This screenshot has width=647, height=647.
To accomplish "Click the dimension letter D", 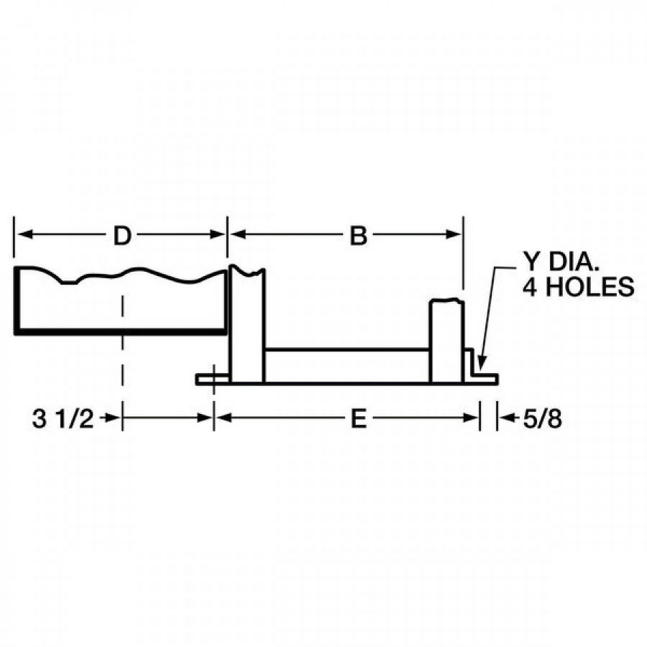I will (122, 236).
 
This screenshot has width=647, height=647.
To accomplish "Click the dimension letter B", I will (358, 236).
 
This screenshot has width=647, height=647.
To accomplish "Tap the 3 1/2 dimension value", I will (63, 419).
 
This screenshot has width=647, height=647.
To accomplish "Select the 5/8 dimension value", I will (542, 419).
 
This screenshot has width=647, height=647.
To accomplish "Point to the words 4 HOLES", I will (578, 287).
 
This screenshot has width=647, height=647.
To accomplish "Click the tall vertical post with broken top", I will (247, 323).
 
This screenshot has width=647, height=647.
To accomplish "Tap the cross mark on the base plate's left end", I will (214, 378).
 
